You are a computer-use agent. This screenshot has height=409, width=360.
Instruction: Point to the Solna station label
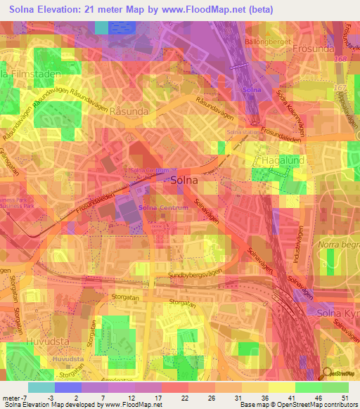coord(243,132)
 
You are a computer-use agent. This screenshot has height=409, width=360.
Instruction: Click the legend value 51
coord(344,398)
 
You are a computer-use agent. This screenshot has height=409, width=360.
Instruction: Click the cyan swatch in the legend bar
coord(41,387)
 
